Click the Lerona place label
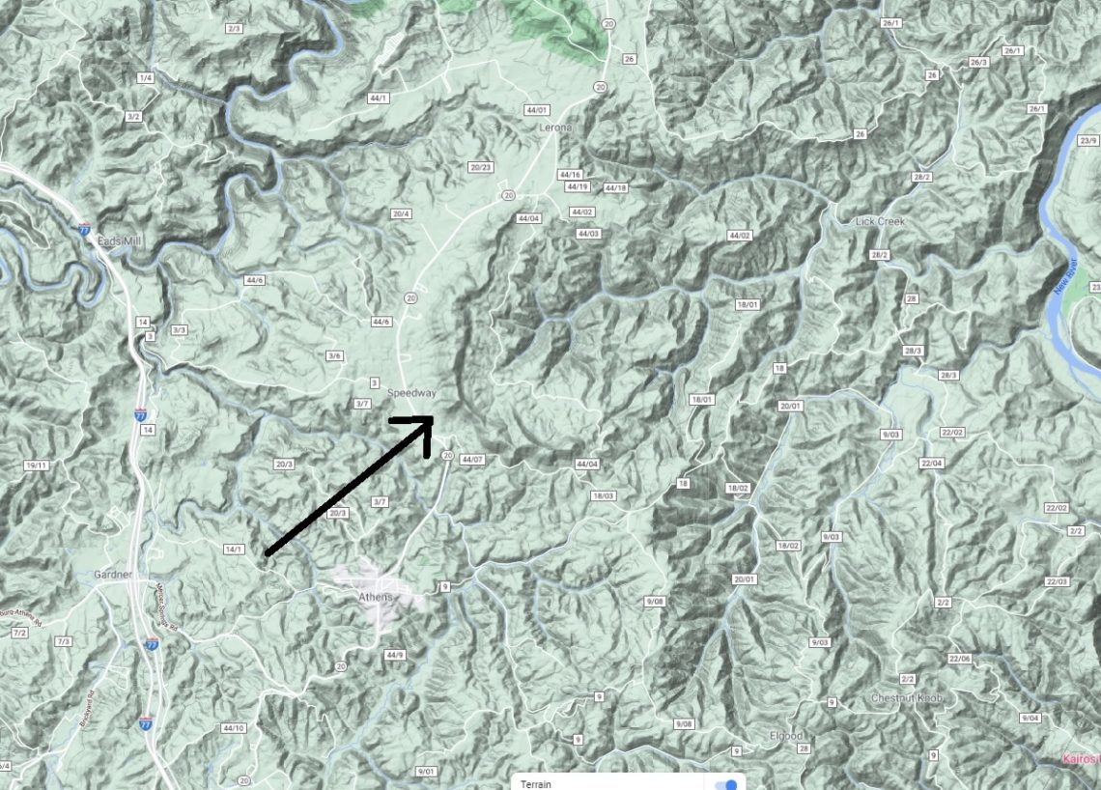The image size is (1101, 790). click(x=555, y=127)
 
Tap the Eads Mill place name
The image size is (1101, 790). click(x=120, y=242)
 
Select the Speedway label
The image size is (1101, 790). click(x=412, y=393)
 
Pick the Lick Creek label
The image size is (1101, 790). click(x=880, y=221)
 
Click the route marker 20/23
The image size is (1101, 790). click(x=481, y=166)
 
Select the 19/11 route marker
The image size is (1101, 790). click(x=36, y=466)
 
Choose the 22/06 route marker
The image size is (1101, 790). click(x=959, y=659)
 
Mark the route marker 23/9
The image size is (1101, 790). click(x=1088, y=141)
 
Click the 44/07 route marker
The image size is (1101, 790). click(x=472, y=460)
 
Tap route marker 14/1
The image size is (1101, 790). click(x=234, y=550)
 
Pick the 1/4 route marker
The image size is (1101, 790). click(x=146, y=77)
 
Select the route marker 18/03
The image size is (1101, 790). click(x=603, y=495)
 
